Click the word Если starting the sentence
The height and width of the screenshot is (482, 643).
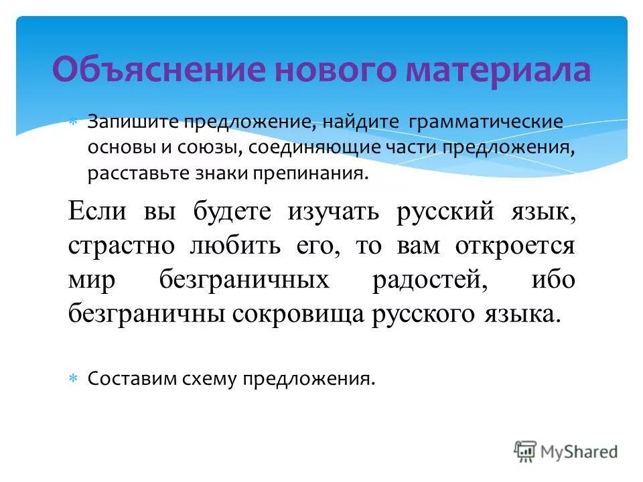pos(98,212)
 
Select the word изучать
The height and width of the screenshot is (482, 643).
pos(334,212)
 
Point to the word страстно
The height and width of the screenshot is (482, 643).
pos(116,246)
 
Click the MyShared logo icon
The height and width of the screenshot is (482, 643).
pos(526,452)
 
